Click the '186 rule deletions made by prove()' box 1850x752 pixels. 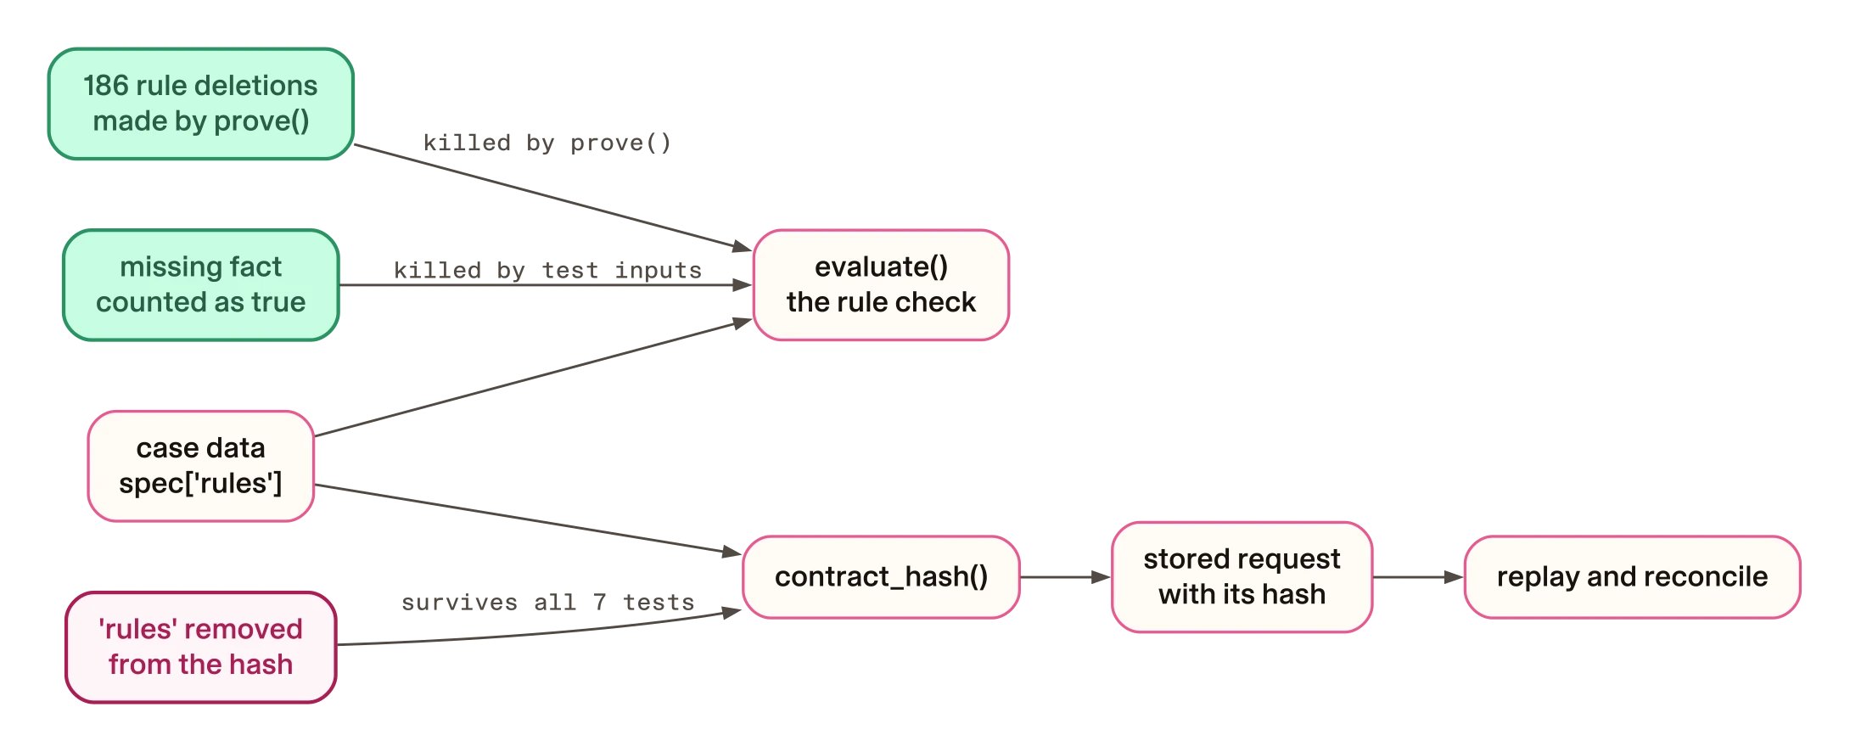coord(201,104)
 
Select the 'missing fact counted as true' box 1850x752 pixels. coord(201,285)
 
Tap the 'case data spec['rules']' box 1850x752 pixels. coord(201,466)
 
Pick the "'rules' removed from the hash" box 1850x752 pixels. coord(201,648)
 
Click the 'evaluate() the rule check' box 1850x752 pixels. coord(881,285)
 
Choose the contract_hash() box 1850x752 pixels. coord(881,577)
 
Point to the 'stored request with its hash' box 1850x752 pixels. coord(1242,577)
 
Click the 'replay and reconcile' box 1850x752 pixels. coord(1632,577)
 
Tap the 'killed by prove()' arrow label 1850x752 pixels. coord(547,143)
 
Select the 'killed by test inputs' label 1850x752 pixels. coord(547,270)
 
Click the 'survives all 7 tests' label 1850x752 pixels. coord(547,603)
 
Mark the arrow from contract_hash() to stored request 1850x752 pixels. coord(1066,577)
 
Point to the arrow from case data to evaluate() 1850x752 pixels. coord(533,378)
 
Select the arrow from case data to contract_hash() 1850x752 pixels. coord(529,519)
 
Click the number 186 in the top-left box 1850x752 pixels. coord(106,86)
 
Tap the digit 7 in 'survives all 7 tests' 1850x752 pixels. coord(600,603)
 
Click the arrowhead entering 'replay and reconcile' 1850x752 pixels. coord(1455,577)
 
